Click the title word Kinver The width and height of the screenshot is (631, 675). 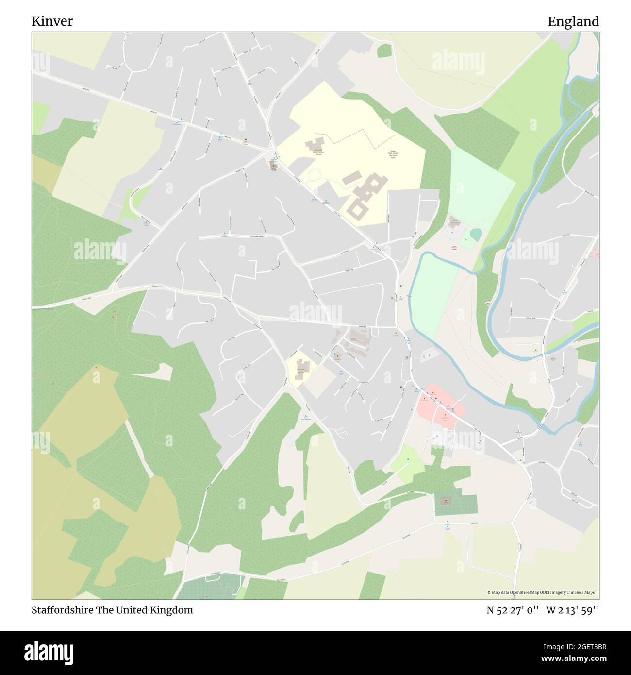[52, 21]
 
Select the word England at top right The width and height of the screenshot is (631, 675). [573, 21]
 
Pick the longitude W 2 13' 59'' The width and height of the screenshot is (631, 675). [572, 610]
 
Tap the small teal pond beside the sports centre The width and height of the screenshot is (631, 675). [476, 235]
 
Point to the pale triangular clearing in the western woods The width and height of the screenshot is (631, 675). [160, 371]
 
